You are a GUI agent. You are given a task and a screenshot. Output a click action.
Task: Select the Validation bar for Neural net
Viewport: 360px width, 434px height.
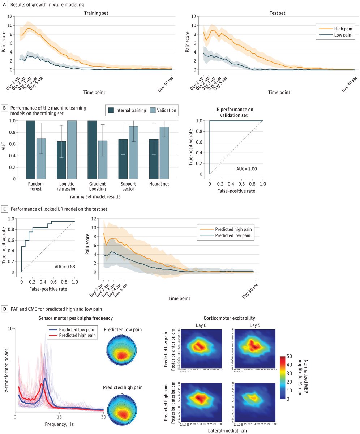pyautogui.click(x=164, y=153)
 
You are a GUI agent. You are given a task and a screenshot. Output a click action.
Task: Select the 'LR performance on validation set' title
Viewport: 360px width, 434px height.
pyautogui.click(x=236, y=112)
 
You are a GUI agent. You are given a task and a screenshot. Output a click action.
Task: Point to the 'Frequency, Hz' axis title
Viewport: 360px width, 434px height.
pyautogui.click(x=59, y=423)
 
